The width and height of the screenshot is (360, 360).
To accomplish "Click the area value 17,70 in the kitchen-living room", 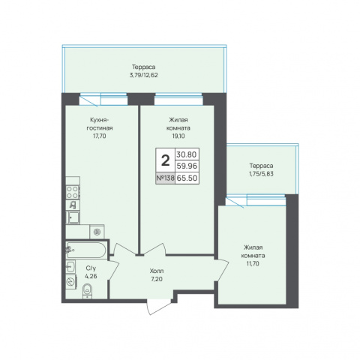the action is [x=100, y=136].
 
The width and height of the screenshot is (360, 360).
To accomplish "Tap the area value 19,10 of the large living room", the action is [x=178, y=136].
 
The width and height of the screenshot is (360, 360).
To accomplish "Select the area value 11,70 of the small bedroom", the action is [x=253, y=263].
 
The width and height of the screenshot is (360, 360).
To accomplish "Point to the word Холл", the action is [x=157, y=271].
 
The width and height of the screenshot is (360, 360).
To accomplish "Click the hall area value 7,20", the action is [x=157, y=279].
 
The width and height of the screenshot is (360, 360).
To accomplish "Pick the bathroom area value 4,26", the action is [x=91, y=277].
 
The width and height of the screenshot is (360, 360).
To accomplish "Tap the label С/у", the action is [x=91, y=268].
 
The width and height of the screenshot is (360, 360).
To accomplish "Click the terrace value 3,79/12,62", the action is [x=144, y=75].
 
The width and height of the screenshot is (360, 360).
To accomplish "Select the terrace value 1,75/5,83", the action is [x=261, y=174].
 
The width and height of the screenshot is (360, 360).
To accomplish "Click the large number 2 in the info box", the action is [x=165, y=160].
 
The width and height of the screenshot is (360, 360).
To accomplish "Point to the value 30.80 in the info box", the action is [x=187, y=154].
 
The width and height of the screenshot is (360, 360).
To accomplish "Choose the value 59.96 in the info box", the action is [x=187, y=166].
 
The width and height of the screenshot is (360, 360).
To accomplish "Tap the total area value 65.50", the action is [x=187, y=178].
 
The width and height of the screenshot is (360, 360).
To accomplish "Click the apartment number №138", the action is [x=165, y=178].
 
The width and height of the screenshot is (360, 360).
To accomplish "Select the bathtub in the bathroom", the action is [x=86, y=250].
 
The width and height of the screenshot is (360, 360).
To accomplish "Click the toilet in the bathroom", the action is [x=87, y=291].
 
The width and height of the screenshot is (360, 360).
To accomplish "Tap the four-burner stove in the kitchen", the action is [x=73, y=193].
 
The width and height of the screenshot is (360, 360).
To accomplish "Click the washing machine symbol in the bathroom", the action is [x=71, y=282].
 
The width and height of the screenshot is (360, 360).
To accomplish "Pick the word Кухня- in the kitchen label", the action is [x=100, y=120].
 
